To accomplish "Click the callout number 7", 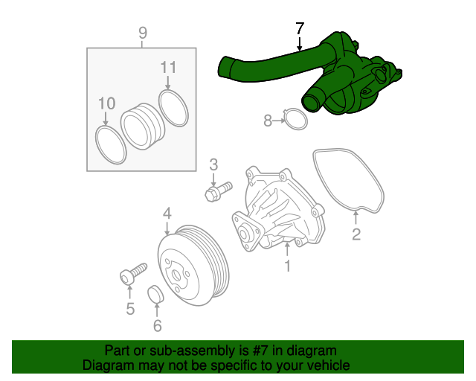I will (x=299, y=29).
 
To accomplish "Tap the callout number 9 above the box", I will (x=143, y=33).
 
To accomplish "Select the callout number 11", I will (x=169, y=68).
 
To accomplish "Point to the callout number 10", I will (x=107, y=103).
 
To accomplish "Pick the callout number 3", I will (x=213, y=164).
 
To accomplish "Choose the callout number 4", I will (x=167, y=214).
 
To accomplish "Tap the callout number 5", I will (x=130, y=309).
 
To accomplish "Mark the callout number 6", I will (x=157, y=325).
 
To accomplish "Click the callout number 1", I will (x=287, y=266).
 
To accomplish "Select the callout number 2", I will (x=356, y=235).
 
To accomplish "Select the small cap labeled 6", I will (x=156, y=295).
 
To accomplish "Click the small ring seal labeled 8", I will (x=296, y=119).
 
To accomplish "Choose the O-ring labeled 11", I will (x=173, y=109).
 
